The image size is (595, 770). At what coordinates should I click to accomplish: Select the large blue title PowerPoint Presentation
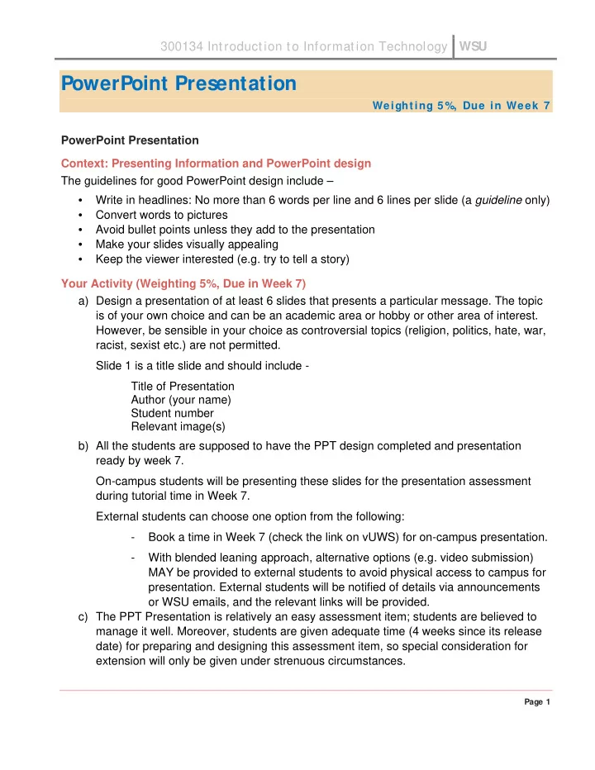tap(178, 83)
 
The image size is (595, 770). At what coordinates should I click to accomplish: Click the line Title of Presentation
tap(183, 386)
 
